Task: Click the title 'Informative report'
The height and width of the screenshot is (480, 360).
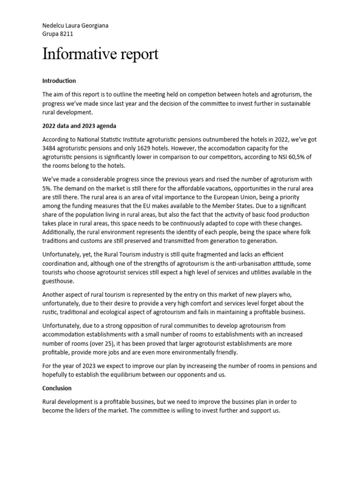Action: coord(100,54)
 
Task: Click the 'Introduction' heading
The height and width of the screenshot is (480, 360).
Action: coord(59,81)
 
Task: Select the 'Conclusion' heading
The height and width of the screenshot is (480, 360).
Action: coord(57,388)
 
